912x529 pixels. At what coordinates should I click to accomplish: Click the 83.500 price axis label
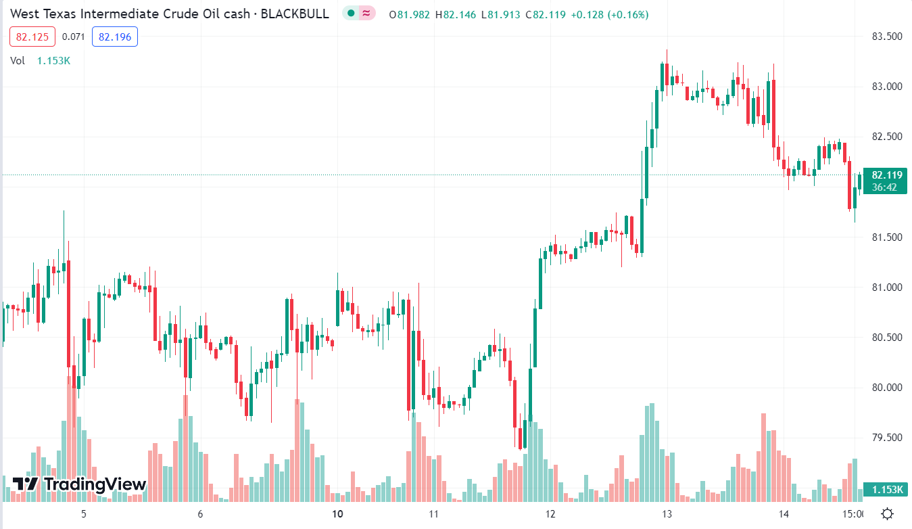886,36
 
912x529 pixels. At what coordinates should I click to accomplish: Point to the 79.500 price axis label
886,437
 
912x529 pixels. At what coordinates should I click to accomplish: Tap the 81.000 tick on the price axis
886,287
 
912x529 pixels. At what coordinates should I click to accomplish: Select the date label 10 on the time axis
338,513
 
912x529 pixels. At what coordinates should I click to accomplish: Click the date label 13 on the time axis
667,513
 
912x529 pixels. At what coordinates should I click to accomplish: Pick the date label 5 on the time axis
84,513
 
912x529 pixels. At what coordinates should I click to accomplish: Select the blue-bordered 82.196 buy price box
115,37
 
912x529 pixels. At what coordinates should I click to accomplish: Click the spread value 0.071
73,37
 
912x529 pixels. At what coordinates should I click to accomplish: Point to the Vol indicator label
18,60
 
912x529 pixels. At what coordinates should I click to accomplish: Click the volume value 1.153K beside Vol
53,60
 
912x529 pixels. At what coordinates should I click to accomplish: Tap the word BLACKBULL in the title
296,14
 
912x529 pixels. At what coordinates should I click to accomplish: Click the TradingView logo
79,484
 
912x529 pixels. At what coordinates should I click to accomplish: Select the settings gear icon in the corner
888,513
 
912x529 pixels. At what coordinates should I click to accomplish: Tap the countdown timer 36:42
884,187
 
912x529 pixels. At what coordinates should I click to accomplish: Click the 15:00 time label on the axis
853,513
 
